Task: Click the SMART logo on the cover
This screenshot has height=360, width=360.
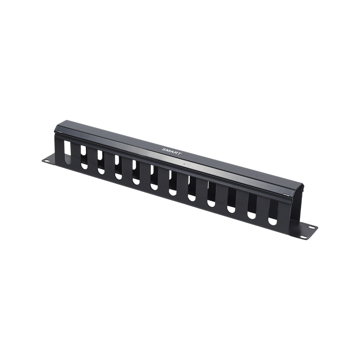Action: click(x=172, y=151)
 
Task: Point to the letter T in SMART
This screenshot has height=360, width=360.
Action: click(x=179, y=153)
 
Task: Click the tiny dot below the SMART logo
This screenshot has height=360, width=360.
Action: click(x=184, y=164)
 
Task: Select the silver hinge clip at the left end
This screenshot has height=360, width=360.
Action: click(x=59, y=132)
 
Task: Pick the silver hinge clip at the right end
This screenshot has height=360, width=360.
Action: click(x=286, y=194)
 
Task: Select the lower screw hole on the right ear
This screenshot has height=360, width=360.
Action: click(x=303, y=237)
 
